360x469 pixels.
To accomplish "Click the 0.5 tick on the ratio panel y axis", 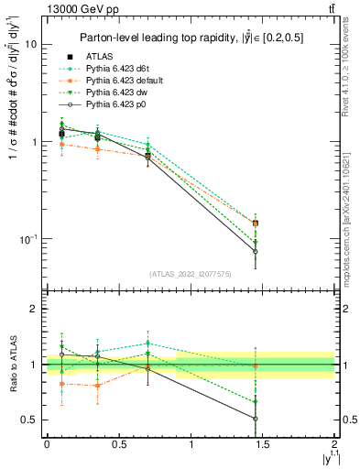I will (x=27, y=420).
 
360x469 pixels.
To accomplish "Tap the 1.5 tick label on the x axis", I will (x=263, y=443).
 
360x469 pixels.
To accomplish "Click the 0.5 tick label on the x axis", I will (x=118, y=443).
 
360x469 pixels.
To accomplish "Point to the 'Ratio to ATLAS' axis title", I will (x=12, y=364).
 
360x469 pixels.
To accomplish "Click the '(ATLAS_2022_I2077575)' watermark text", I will (x=191, y=274).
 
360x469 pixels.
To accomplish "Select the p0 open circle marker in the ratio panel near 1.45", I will (x=255, y=419).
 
